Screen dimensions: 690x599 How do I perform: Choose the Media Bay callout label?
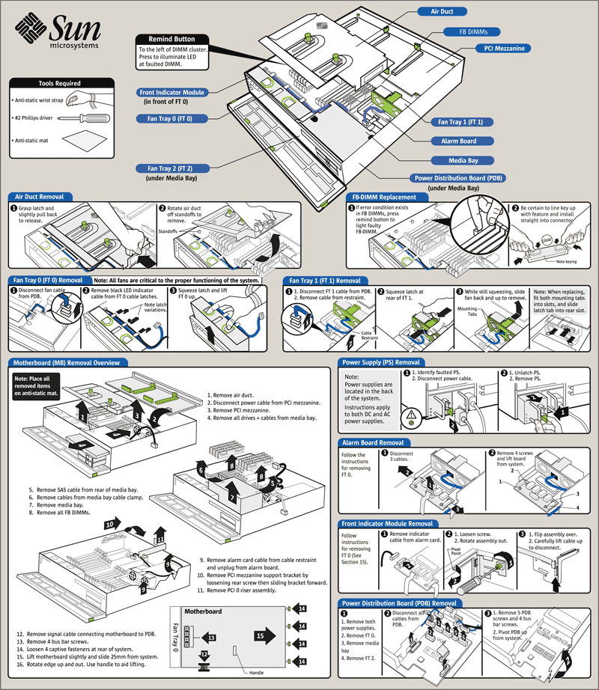pos(469,160)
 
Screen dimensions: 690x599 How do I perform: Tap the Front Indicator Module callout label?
pos(171,92)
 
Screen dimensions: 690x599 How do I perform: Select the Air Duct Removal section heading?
pos(46,197)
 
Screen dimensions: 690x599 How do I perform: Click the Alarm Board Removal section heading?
pos(372,443)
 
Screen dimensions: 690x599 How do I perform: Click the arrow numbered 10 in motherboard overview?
pos(113,525)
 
